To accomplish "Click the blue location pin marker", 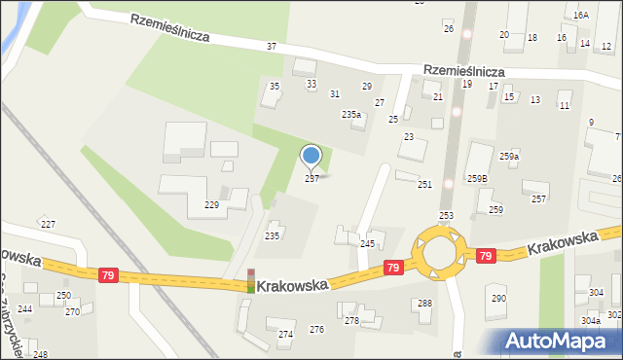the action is tap(311, 157).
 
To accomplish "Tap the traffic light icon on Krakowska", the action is tap(250, 280).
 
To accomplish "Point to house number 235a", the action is tap(351, 114).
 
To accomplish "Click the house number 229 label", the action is tap(211, 204).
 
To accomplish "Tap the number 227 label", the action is tap(48, 224).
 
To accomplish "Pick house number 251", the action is tap(424, 184).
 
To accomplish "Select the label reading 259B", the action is tap(477, 178).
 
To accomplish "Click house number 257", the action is tap(537, 198).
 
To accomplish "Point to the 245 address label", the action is tap(367, 243).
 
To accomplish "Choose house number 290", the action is tap(498, 298).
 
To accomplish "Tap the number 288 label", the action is tap(425, 304).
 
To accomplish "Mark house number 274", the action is tap(286, 334).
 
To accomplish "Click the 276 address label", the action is tap(316, 329).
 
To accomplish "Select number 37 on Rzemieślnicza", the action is tap(271, 47).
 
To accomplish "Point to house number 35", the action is tap(275, 87).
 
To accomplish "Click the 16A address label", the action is tap(580, 16).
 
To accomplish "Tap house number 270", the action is tap(72, 311).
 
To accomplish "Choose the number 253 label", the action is tap(446, 215).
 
